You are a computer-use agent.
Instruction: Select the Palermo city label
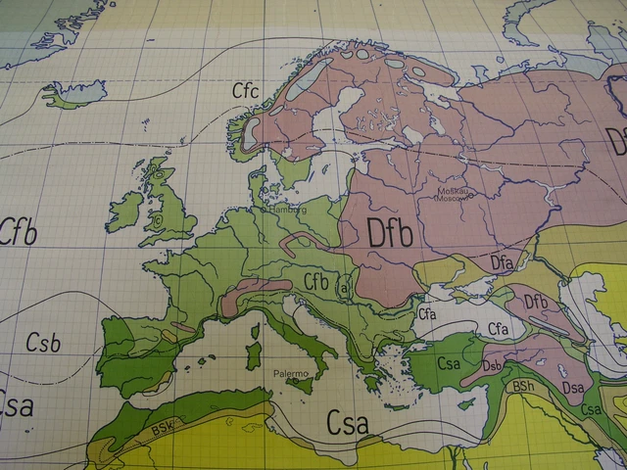click(291, 374)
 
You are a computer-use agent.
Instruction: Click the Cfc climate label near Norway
click(246, 91)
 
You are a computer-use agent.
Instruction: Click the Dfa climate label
click(501, 261)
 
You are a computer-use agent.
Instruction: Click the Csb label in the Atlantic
click(43, 343)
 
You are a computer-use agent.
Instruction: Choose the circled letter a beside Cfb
click(344, 290)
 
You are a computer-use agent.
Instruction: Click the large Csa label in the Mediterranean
click(348, 424)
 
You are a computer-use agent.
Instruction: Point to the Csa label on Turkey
click(450, 364)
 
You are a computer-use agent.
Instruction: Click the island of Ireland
click(125, 211)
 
